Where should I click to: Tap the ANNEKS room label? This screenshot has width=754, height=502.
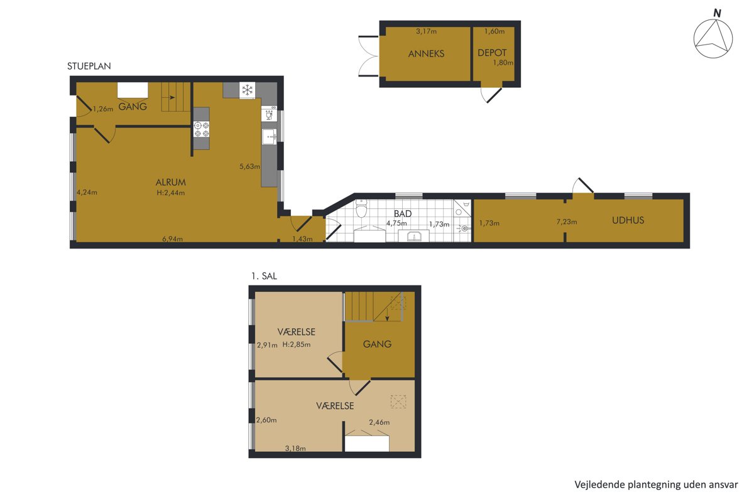click(x=426, y=54)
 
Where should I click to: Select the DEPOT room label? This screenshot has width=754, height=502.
click(x=492, y=53)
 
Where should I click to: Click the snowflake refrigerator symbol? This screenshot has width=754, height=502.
click(x=248, y=90)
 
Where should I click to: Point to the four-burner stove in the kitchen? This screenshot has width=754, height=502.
click(x=202, y=129)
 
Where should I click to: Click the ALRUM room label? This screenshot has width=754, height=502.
click(x=171, y=182)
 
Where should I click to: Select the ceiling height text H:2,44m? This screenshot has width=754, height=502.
click(x=171, y=193)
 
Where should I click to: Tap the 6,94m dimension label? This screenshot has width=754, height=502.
click(x=172, y=238)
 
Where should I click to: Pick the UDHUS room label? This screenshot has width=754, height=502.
click(x=628, y=220)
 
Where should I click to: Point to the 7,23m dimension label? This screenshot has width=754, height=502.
click(x=567, y=222)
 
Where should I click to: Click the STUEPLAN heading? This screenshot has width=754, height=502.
click(x=89, y=67)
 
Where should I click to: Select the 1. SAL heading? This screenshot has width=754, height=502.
click(x=265, y=276)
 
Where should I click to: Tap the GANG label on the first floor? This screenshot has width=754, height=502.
click(x=377, y=344)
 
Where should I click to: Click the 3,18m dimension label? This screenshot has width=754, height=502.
click(x=295, y=448)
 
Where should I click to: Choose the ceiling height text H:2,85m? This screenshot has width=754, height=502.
click(x=296, y=344)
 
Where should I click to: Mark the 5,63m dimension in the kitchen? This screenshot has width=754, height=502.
click(x=249, y=166)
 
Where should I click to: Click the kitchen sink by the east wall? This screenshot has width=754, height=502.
click(x=270, y=137)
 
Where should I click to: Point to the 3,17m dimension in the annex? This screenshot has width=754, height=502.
click(x=426, y=31)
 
